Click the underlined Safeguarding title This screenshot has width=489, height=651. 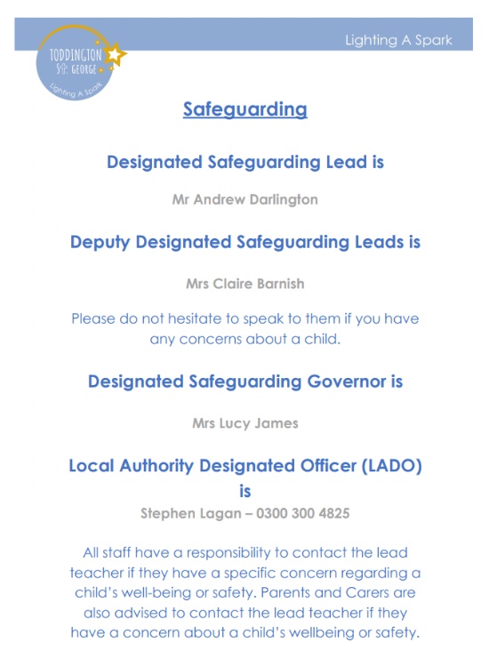coord(244,109)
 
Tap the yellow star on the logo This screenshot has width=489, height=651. coord(115,56)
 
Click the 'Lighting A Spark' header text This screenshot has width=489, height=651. coord(398,40)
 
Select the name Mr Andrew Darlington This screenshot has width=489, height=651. coord(244,200)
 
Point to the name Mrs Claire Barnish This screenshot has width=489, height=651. coord(244,285)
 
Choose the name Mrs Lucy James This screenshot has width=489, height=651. coord(244,423)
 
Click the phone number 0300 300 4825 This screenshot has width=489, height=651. coord(306,513)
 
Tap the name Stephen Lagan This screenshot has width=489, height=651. coord(188,513)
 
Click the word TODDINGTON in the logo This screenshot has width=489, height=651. coord(75,54)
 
